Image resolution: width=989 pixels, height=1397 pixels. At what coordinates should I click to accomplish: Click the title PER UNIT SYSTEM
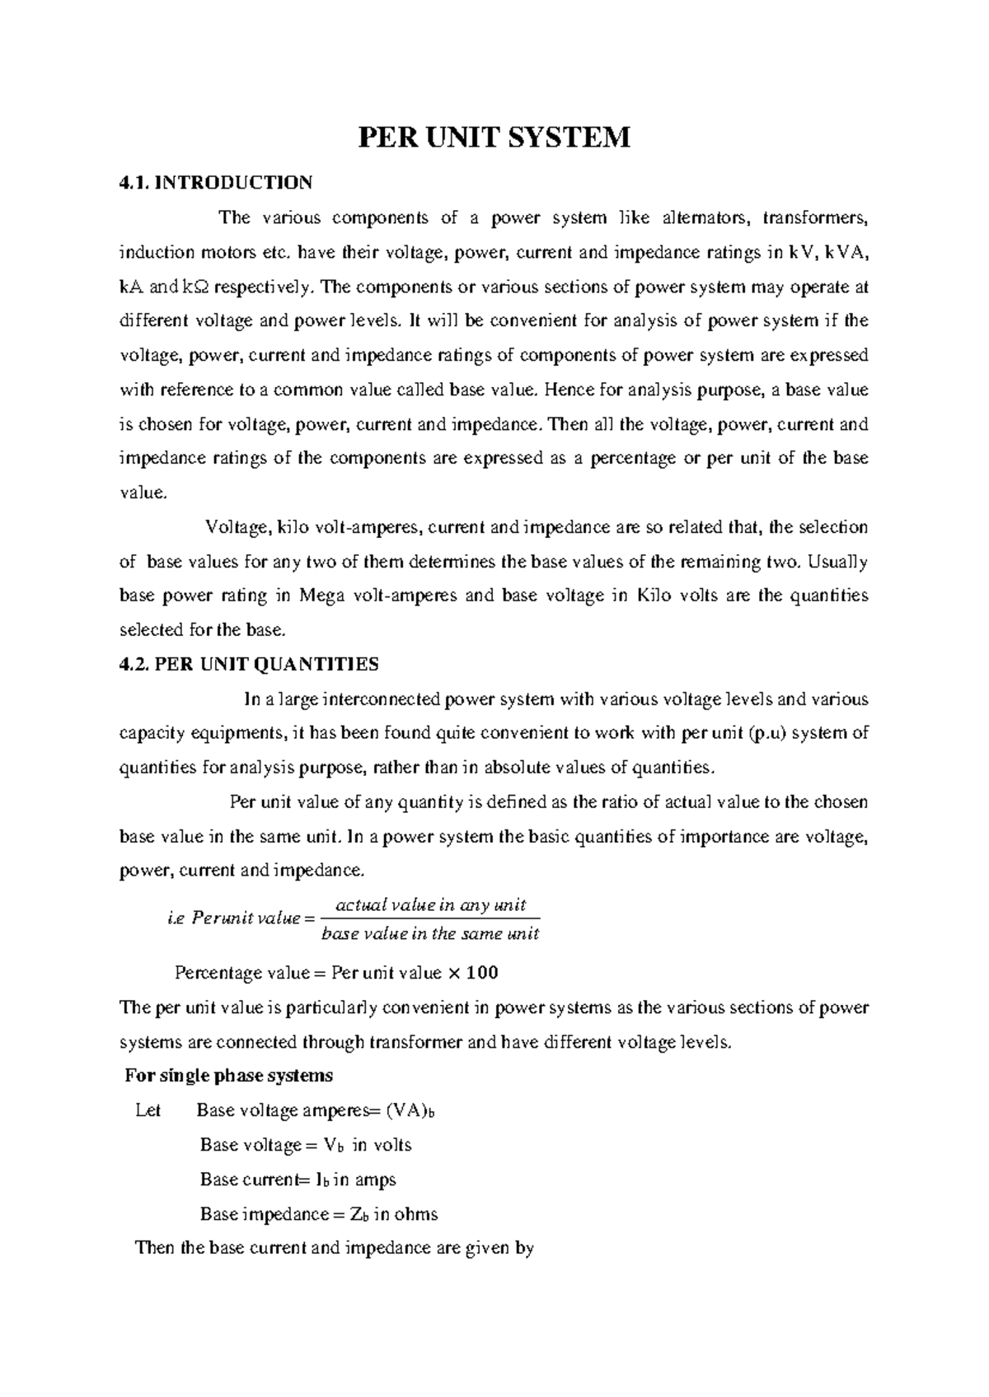pos(493,137)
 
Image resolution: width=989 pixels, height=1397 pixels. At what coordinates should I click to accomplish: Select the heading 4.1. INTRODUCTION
pos(216,182)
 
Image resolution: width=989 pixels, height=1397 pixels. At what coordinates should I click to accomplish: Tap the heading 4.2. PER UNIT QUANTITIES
pos(249,664)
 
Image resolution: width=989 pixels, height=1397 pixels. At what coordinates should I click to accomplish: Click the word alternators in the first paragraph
pos(705,217)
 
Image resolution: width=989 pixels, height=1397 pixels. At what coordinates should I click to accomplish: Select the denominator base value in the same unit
pos(429,934)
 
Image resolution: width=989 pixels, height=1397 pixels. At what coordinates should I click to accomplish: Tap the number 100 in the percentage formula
pos(482,973)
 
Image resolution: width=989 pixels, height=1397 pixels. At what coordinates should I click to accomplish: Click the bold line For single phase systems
pos(228,1076)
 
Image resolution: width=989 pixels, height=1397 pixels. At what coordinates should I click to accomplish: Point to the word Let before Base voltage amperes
pos(148,1110)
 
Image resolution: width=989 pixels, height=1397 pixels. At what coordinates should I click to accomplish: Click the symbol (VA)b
pos(409,1110)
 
